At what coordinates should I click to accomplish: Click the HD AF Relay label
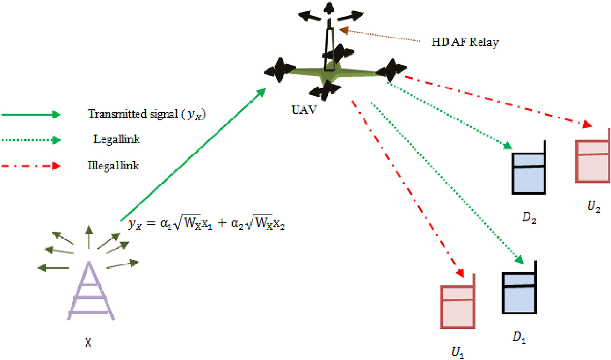465,42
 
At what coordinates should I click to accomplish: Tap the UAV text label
304,110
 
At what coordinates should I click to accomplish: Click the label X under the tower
88,342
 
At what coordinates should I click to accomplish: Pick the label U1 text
458,352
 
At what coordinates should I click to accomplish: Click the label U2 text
593,206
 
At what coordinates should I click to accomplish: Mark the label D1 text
519,337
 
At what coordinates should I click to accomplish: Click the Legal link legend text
117,139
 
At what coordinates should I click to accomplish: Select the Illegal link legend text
113,165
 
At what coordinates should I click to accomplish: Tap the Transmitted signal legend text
147,114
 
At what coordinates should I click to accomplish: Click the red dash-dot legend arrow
31,166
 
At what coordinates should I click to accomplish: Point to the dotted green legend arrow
31,140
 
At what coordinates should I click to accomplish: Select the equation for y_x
206,224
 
